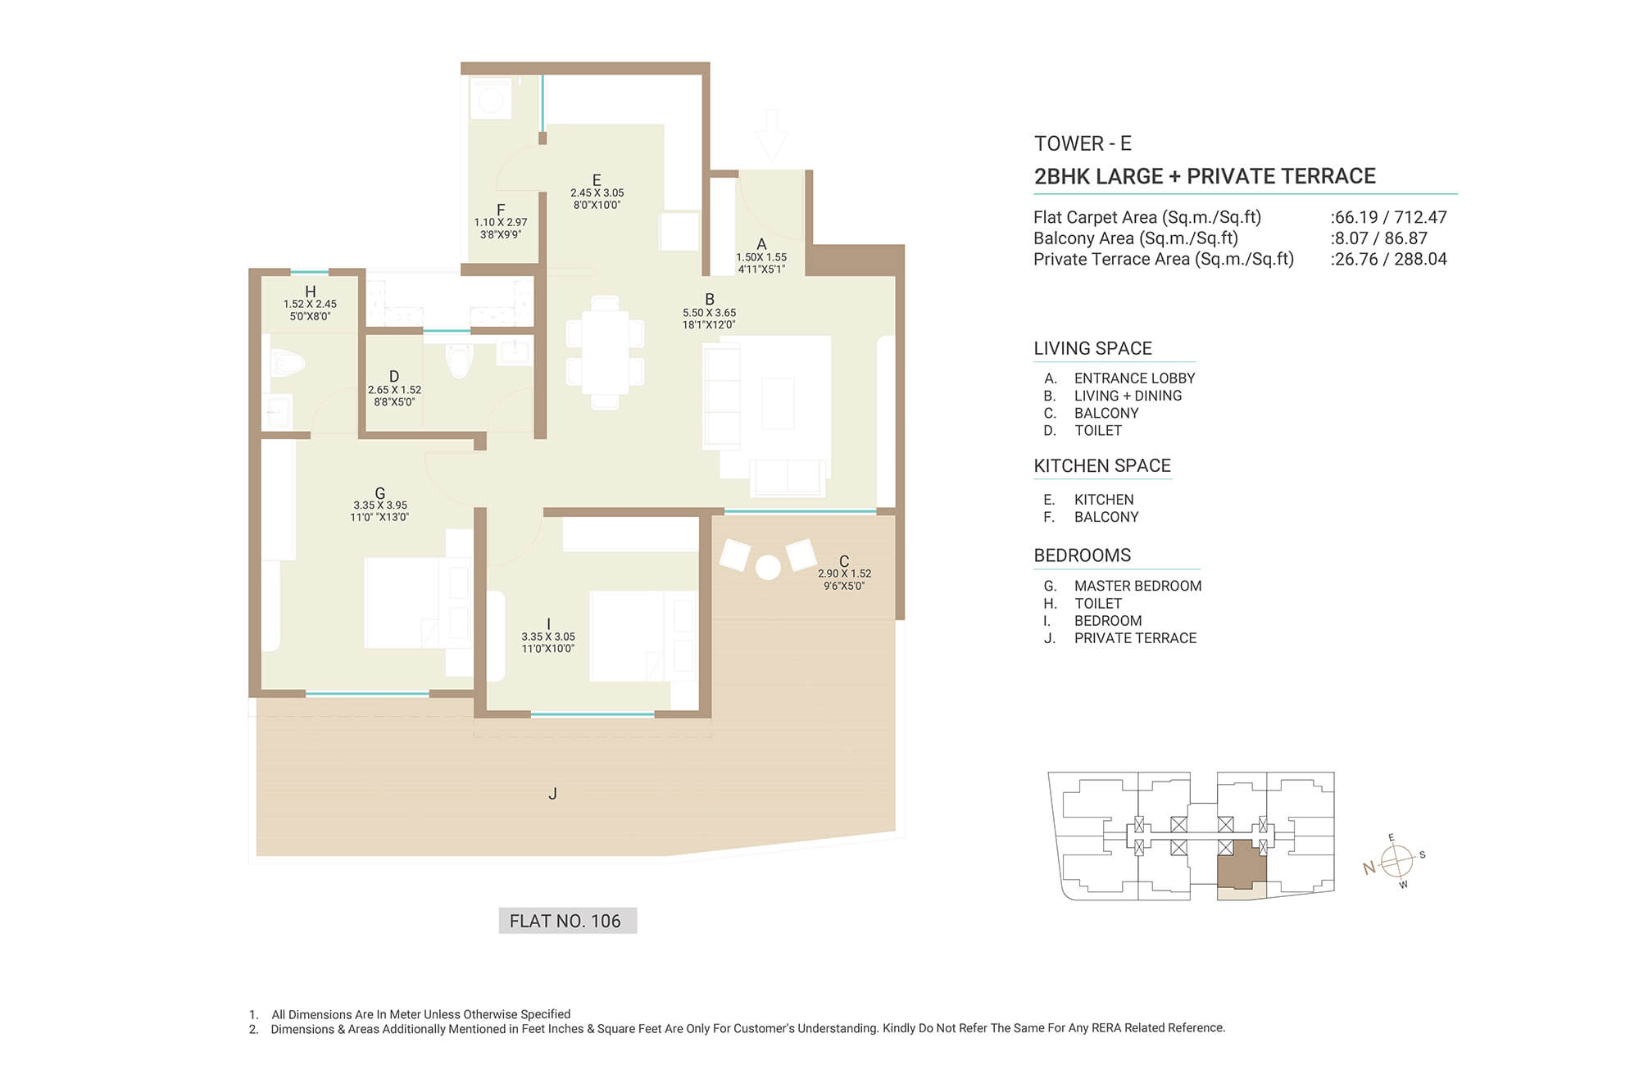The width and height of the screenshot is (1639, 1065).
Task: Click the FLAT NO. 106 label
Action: coord(565,921)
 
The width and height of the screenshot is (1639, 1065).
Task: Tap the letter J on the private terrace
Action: coord(553,793)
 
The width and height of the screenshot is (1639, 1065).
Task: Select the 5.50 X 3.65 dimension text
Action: coord(710,313)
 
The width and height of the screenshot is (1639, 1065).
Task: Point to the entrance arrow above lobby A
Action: coord(770,135)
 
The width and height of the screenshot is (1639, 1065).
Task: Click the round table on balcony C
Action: coord(768,568)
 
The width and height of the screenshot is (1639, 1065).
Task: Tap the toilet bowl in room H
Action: coord(286,362)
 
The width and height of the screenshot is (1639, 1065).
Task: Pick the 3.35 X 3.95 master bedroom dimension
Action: coord(380,505)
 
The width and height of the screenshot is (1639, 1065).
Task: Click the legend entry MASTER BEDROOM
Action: coord(1137,586)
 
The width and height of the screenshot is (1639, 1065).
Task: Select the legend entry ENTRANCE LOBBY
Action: coord(1134,378)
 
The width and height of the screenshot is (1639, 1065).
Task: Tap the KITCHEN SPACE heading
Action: coord(1102,466)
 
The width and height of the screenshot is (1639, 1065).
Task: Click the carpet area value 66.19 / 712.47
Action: coord(1390,217)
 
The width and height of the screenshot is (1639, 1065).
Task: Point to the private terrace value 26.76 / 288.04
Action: coord(1390,259)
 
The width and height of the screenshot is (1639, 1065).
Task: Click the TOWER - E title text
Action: coord(1083,143)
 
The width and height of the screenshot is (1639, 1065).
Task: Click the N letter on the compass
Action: coord(1369,868)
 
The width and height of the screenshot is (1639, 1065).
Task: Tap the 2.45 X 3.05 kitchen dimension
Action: coord(597,193)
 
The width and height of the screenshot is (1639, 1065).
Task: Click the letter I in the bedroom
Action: coord(548,623)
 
